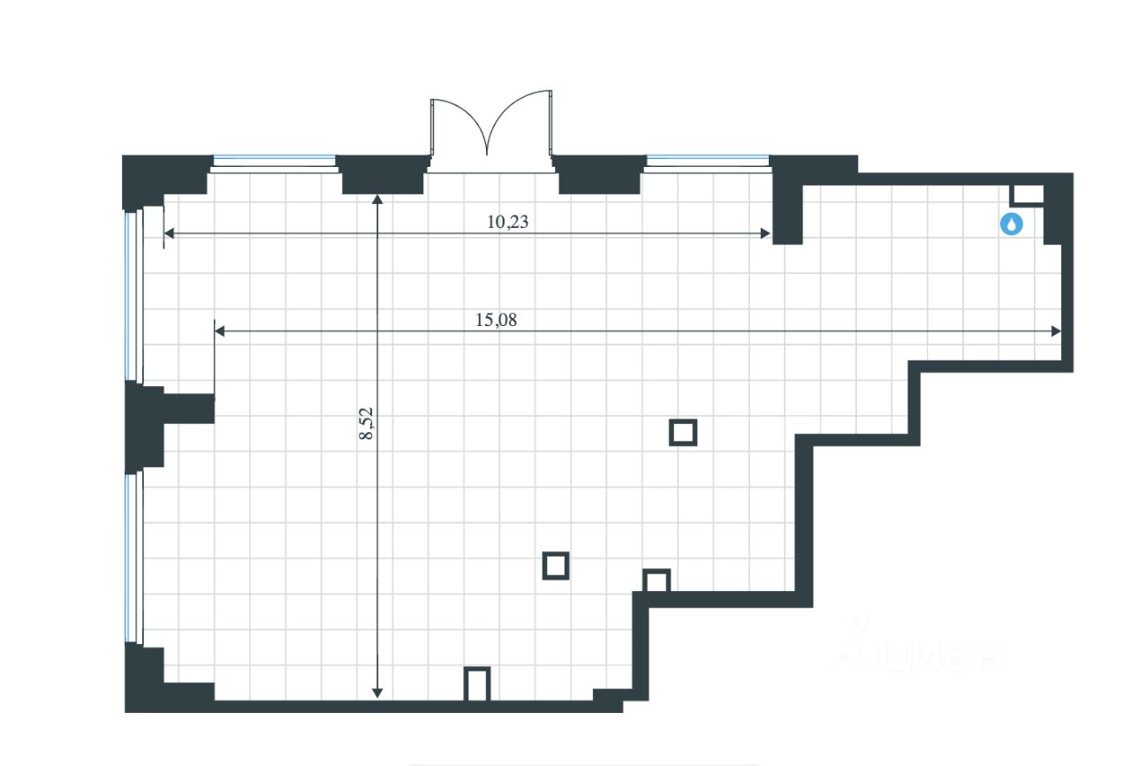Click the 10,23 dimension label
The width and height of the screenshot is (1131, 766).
coord(507,222)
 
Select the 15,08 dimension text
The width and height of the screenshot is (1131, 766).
coord(496,320)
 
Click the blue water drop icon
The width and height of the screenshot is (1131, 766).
coord(1011,224)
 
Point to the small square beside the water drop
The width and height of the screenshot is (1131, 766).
coord(1026,195)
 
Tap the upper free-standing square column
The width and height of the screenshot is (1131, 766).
coord(683,432)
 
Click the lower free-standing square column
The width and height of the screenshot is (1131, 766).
coord(555,565)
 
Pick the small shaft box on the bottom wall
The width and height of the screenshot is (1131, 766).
coord(477,685)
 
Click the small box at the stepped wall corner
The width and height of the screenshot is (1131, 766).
coord(657,581)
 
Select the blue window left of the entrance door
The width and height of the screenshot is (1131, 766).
coord(274,161)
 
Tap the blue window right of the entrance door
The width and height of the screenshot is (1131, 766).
coord(707,161)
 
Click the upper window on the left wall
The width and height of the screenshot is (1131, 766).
coord(133,296)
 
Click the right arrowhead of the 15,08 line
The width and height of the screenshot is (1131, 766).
coord(1055,331)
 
